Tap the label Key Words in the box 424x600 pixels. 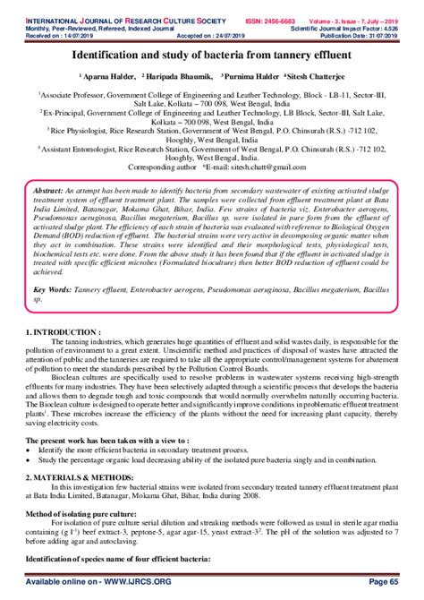[x=53, y=266]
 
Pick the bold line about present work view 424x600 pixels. [x=98, y=442]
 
